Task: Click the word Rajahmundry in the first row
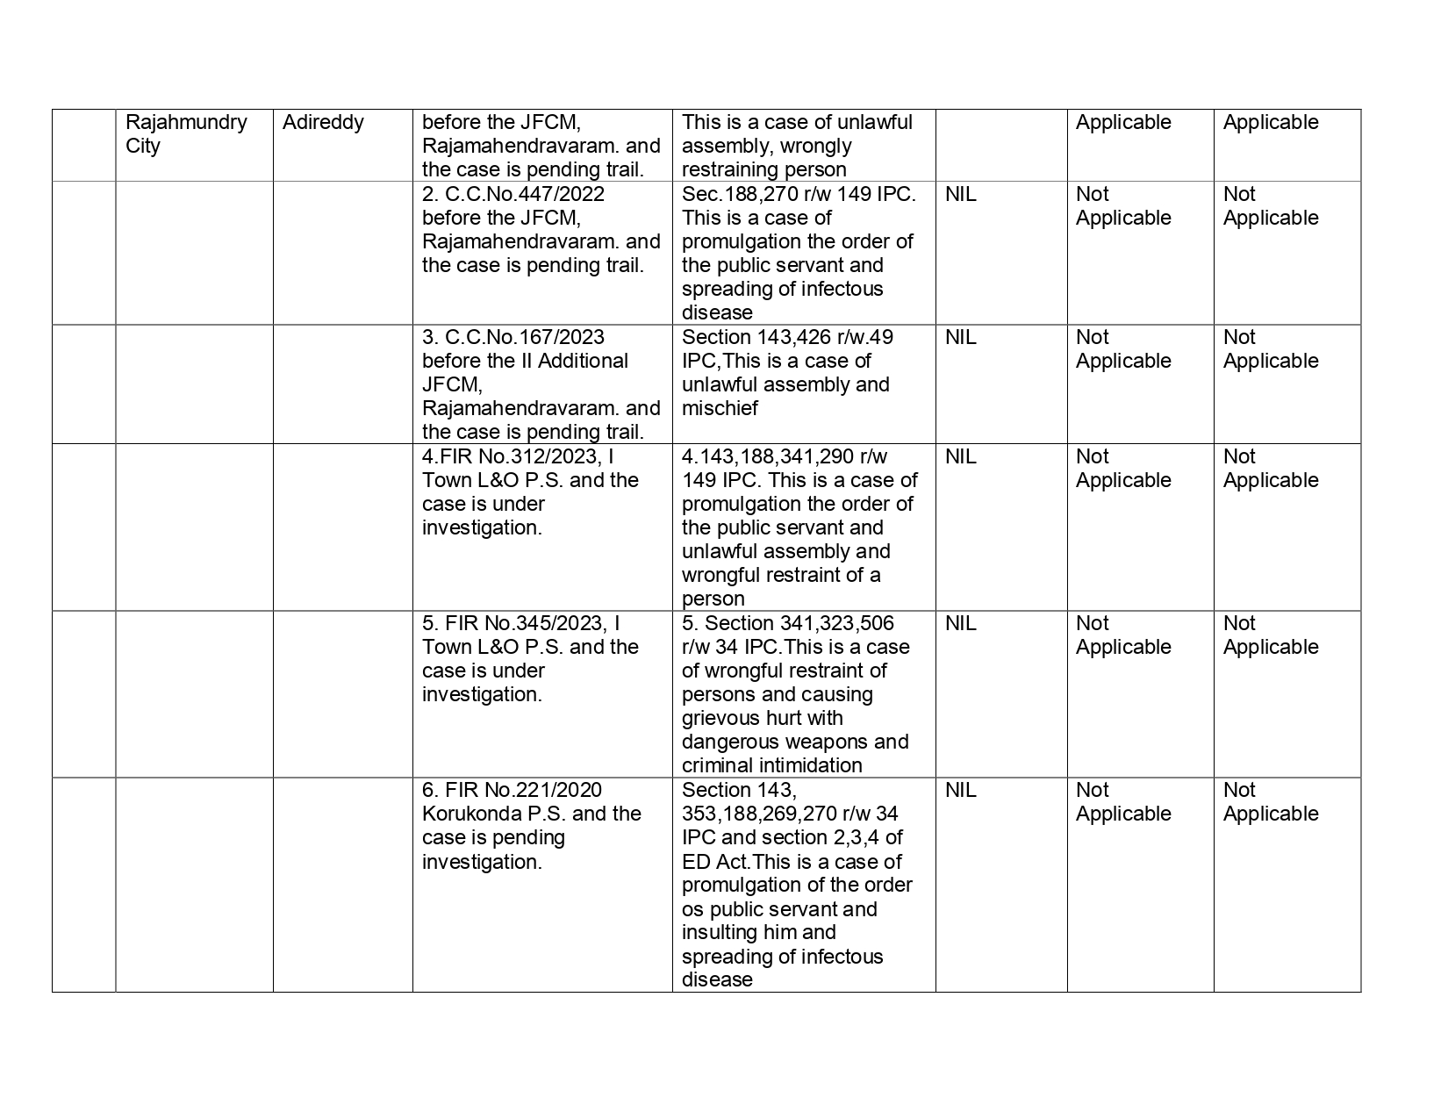186,122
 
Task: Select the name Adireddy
323,122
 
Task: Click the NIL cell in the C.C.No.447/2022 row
960,194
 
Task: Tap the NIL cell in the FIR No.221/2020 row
960,790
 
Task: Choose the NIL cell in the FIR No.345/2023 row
960,623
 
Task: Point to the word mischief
720,408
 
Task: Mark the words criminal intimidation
771,765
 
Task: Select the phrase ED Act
711,862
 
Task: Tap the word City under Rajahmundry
143,146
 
